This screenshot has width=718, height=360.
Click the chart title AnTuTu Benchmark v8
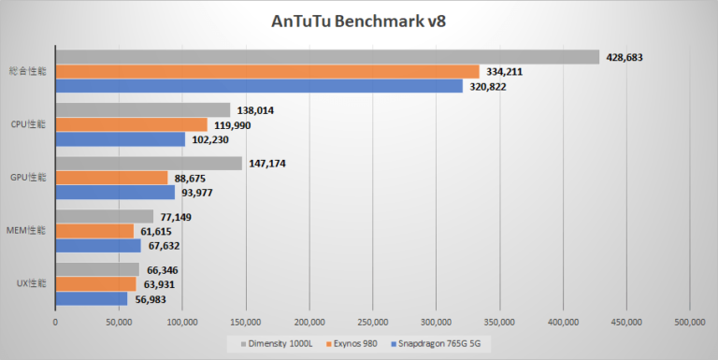[x=359, y=21]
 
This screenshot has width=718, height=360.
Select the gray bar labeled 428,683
[x=327, y=57]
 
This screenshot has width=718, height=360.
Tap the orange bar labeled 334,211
[x=267, y=71]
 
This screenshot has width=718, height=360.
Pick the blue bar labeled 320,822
[x=259, y=85]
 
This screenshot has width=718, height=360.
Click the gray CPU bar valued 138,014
[x=143, y=110]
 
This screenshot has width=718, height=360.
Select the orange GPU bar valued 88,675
[x=111, y=178]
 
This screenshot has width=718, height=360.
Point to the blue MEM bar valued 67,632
[x=98, y=245]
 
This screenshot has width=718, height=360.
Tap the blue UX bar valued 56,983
[x=92, y=299]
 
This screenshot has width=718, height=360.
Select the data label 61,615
[x=161, y=231]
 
